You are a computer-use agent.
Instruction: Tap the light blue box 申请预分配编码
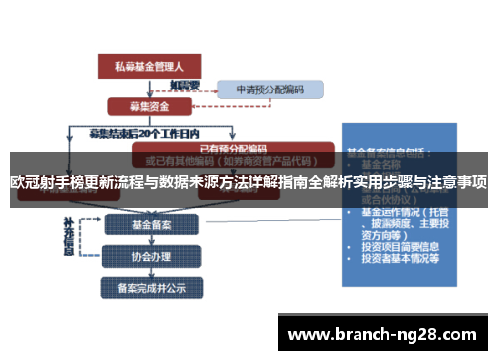[x=269, y=90]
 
